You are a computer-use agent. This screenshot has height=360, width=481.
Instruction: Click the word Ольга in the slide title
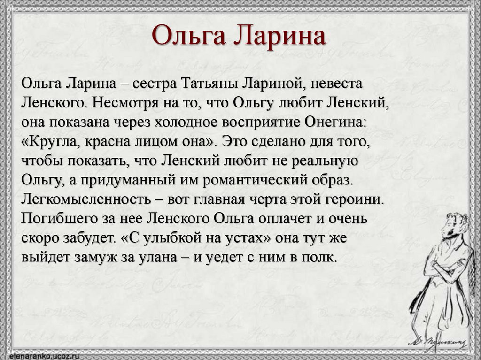point(189,37)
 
